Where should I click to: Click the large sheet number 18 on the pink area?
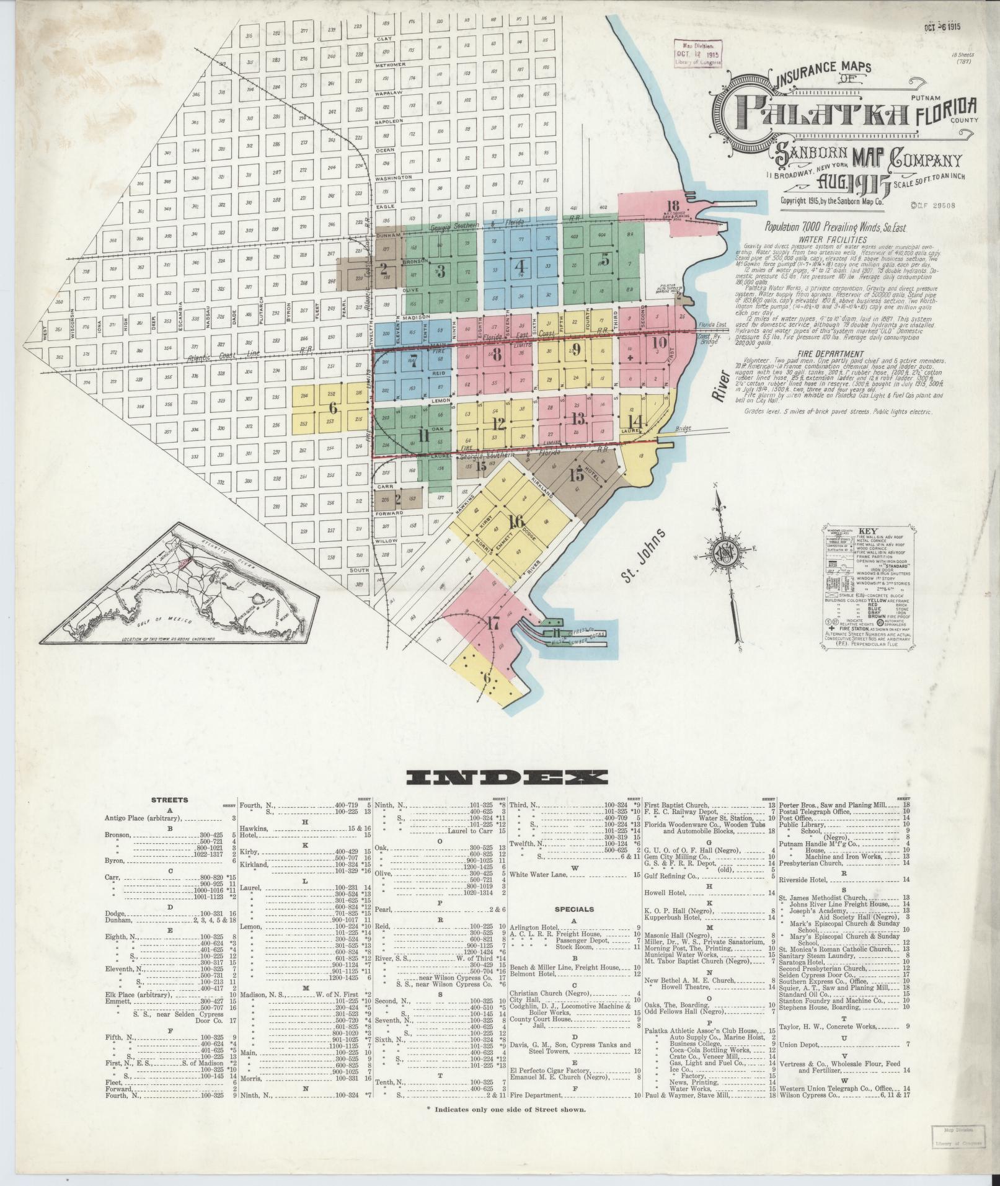point(673,206)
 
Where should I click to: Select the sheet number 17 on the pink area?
point(493,624)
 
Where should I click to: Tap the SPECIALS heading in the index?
point(573,909)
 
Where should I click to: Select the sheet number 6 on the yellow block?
point(333,407)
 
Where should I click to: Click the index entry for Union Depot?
point(801,1045)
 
